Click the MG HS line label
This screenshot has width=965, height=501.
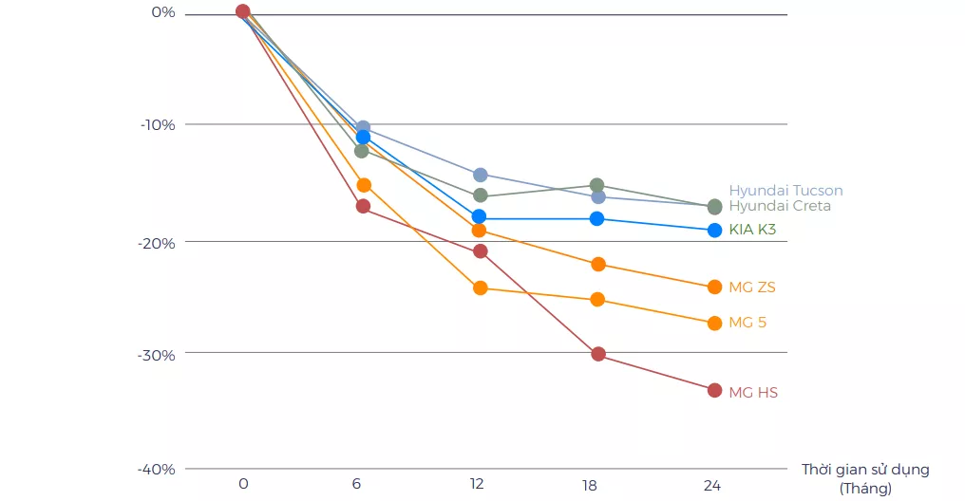(753, 392)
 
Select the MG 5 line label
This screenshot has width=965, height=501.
(747, 323)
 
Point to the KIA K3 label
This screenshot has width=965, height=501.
(753, 230)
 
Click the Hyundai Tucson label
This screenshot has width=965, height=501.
(785, 191)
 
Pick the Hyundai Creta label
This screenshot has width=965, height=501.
(780, 206)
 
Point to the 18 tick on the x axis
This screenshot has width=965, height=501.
(590, 485)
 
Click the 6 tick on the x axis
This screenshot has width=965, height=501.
(356, 484)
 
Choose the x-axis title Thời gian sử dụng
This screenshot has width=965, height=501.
(865, 470)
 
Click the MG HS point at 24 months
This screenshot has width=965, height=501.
(714, 390)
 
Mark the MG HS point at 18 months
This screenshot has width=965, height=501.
(598, 354)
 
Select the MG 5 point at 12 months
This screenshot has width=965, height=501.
(480, 288)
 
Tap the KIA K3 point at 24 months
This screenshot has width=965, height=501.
(714, 230)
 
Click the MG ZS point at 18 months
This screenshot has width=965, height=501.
(597, 264)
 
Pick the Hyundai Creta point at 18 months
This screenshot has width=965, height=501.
(596, 185)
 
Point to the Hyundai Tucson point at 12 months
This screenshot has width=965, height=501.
(480, 175)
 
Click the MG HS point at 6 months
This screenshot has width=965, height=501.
(363, 206)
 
